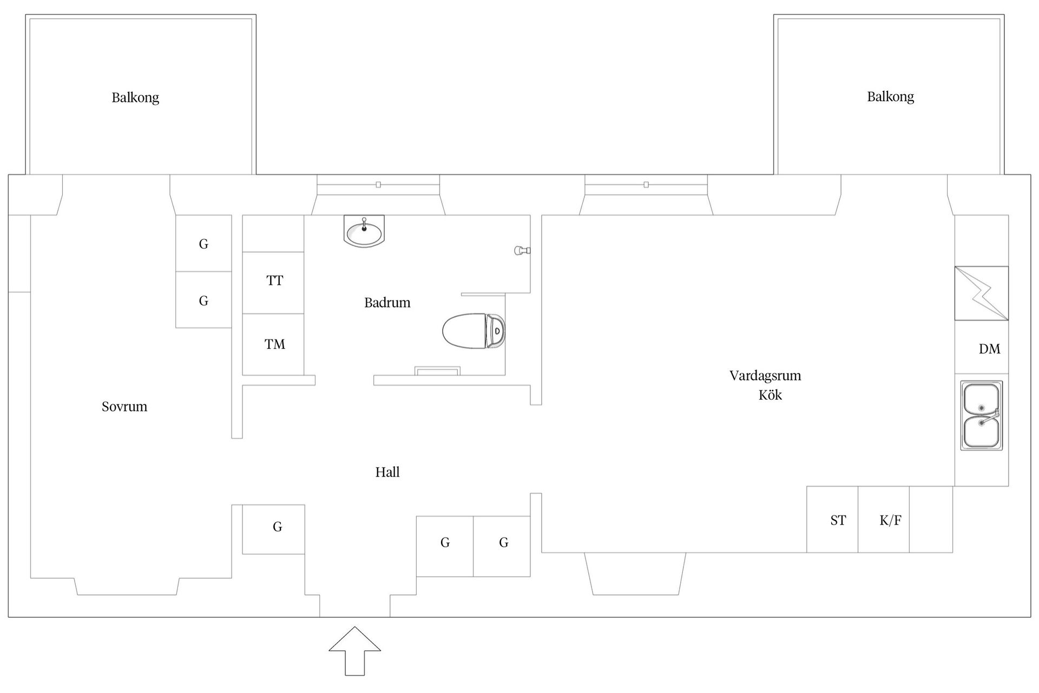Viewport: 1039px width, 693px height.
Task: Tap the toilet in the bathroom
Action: click(474, 330)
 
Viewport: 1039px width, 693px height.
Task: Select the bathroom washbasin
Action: click(364, 231)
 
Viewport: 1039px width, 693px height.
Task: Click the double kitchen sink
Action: click(982, 415)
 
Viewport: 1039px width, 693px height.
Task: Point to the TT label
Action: click(275, 280)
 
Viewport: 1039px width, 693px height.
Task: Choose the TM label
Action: click(275, 344)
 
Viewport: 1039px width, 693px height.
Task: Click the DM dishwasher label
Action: click(990, 349)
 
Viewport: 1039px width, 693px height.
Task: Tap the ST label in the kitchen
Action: click(838, 520)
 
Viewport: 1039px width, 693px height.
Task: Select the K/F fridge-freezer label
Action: click(891, 520)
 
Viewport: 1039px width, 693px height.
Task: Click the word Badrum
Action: click(387, 303)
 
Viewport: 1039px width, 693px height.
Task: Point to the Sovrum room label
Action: click(124, 407)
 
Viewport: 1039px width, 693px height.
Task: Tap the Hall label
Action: click(387, 472)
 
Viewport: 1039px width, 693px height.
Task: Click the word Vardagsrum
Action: click(765, 376)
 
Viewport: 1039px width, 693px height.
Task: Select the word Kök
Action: click(770, 395)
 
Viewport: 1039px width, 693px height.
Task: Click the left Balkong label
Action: click(135, 98)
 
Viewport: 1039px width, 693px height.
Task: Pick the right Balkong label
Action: click(891, 97)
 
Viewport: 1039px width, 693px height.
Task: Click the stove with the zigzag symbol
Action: click(981, 293)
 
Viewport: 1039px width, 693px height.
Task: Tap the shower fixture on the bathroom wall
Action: click(522, 250)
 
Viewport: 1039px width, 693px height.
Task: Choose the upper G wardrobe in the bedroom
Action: click(203, 243)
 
